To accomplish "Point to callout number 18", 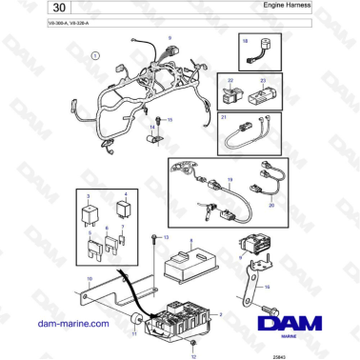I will (245, 42).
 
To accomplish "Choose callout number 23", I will (263, 82).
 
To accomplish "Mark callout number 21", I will (224, 119).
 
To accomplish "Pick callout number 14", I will (150, 127).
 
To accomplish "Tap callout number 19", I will (230, 180).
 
